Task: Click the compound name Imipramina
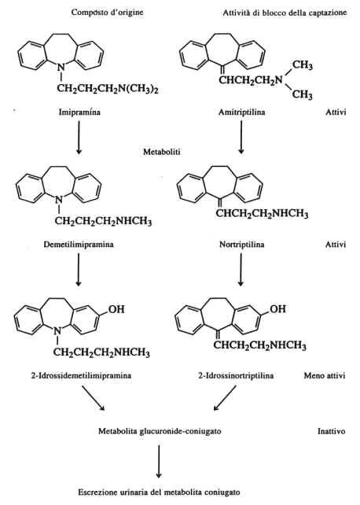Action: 79,112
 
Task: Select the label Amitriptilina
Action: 242,112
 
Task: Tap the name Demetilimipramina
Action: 79,245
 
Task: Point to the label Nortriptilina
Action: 242,245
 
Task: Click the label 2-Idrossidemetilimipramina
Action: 81,375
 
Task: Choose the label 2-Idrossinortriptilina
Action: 236,375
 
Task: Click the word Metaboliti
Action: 162,152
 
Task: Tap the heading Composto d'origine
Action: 108,13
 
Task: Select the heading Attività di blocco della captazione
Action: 285,13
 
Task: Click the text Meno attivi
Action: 325,375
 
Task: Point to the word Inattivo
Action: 332,431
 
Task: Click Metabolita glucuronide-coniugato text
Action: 160,431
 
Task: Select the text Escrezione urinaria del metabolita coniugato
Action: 160,492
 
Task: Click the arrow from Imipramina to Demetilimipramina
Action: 79,138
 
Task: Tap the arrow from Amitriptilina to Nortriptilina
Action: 241,138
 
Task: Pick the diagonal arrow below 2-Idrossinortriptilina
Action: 225,398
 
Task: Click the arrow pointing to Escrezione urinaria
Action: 158,462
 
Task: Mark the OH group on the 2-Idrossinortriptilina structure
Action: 277,309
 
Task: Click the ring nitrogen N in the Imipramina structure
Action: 61,68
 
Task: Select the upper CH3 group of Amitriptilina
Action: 303,65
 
